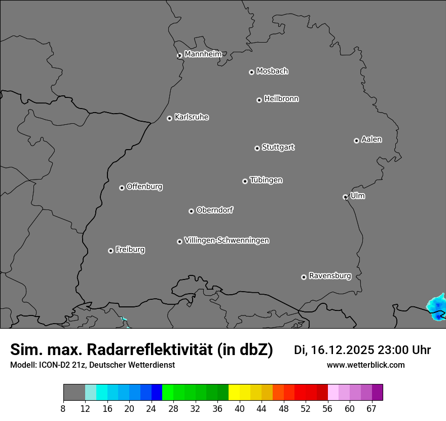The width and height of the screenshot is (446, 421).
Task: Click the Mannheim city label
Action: point(203,54)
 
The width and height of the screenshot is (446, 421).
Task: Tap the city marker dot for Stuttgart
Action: point(257,148)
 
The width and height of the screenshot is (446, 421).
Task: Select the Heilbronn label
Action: point(281,98)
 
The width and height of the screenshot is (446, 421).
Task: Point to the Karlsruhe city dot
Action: point(169,118)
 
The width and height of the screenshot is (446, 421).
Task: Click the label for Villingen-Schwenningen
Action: point(227,240)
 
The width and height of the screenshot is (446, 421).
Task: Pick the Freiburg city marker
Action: point(110,251)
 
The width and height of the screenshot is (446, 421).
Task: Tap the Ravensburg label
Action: point(330,276)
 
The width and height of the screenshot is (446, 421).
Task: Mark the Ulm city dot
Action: point(345,197)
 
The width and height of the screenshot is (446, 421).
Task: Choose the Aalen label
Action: point(371,139)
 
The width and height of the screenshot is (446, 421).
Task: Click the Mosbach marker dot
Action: point(251,72)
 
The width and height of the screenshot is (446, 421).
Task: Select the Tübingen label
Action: point(266,180)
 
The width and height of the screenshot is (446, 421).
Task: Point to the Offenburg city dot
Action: point(122,188)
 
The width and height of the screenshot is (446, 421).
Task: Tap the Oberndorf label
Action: point(214,210)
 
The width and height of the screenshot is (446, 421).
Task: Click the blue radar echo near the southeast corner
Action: point(436,306)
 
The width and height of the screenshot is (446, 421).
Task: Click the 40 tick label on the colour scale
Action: point(239,409)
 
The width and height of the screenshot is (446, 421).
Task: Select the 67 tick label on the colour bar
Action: point(371,409)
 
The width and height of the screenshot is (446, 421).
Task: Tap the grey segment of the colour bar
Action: point(74,393)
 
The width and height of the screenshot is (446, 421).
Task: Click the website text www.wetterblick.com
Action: point(365,365)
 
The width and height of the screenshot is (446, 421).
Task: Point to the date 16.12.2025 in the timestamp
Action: point(343,350)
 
